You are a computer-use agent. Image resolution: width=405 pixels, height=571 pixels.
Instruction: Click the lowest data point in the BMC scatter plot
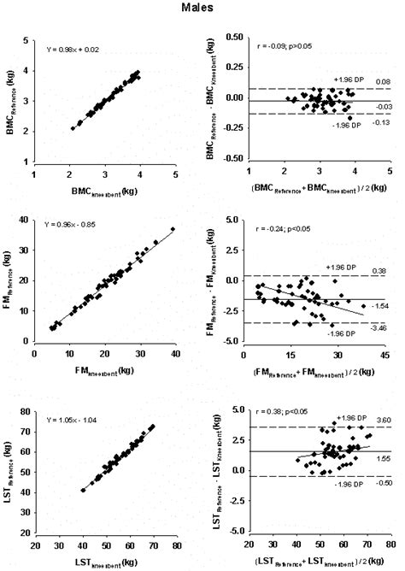pyautogui.click(x=73, y=128)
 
